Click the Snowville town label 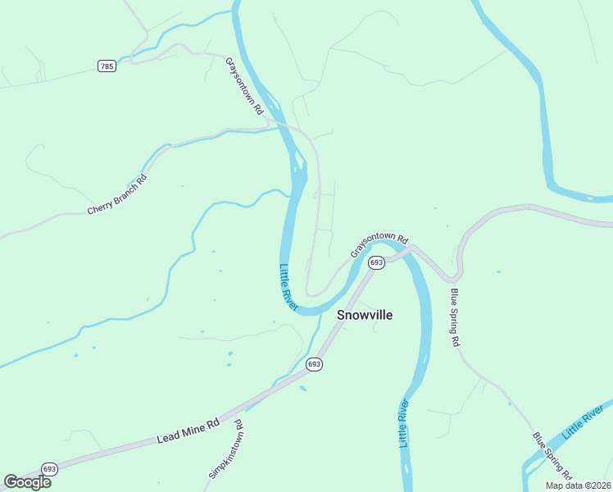[x=365, y=315]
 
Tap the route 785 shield [x=107, y=66]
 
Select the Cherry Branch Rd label [x=117, y=196]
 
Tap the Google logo [x=27, y=482]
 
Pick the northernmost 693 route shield [x=376, y=262]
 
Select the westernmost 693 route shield [x=48, y=468]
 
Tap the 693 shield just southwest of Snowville [x=314, y=363]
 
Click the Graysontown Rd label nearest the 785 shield [x=244, y=85]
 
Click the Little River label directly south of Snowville [x=403, y=423]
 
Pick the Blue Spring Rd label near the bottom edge [x=551, y=456]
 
